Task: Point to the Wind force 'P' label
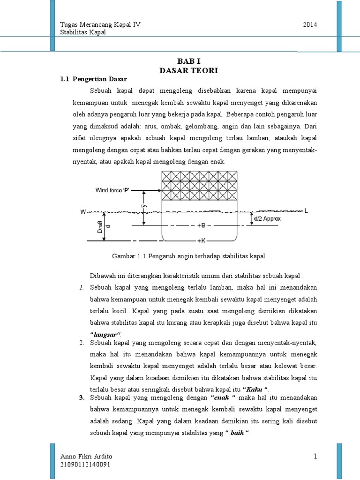[112, 190]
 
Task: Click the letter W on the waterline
[83, 212]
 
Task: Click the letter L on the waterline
[306, 211]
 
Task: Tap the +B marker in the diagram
[201, 225]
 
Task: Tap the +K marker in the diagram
[201, 240]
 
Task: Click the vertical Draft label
[100, 227]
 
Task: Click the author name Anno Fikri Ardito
[87, 457]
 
